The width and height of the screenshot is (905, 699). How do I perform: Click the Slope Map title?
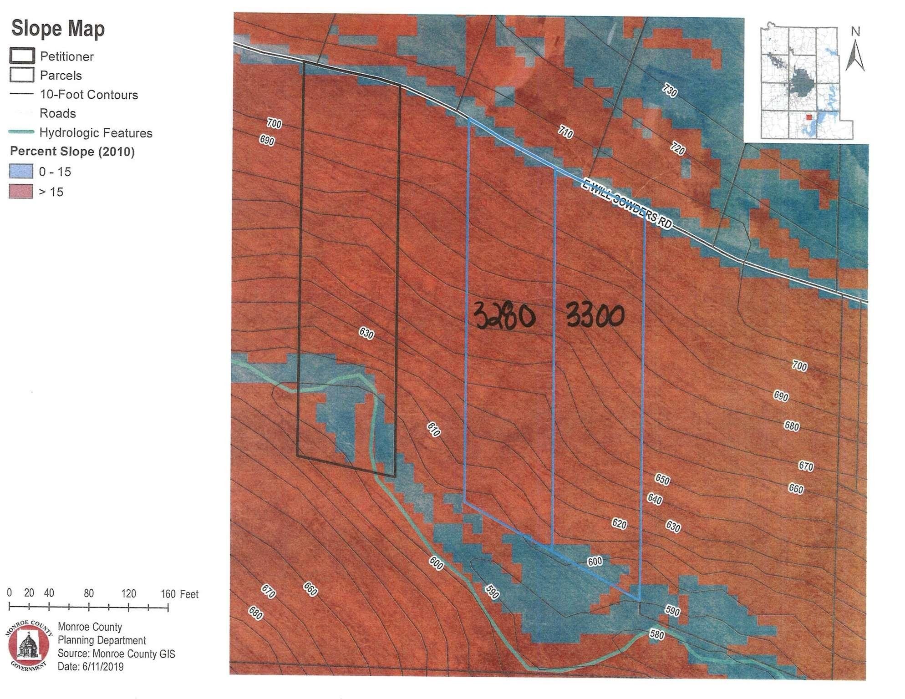58,28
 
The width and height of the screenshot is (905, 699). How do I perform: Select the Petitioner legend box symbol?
21,56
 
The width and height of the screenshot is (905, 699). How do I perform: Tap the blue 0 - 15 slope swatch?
21,171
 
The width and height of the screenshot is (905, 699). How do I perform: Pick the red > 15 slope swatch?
21,192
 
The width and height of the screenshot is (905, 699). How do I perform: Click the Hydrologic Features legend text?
96,133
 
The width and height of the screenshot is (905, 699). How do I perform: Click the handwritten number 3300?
595,314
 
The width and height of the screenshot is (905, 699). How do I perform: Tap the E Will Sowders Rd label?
627,204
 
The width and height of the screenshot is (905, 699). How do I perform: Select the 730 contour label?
669,91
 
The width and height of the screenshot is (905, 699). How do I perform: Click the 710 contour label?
565,132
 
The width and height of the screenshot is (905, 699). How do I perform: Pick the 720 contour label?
677,148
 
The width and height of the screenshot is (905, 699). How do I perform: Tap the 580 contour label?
657,634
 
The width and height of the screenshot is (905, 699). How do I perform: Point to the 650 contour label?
662,479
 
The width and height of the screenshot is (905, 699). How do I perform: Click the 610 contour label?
434,429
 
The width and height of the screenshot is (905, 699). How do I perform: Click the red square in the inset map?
808,117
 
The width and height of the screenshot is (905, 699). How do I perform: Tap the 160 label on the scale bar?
168,594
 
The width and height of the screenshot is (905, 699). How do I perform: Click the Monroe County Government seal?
29,645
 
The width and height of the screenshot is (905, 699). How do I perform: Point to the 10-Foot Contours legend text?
89,95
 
